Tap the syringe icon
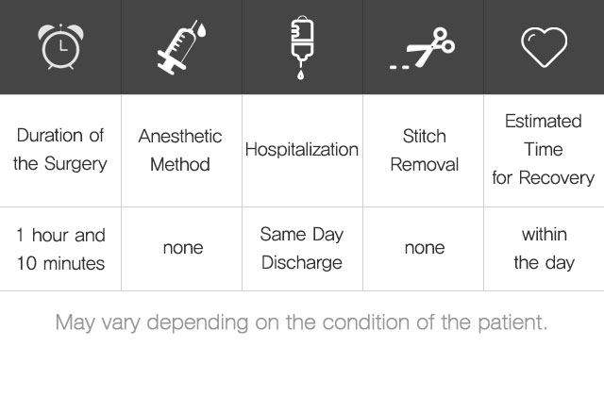point(181,47)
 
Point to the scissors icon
point(423,47)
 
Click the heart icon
point(544,47)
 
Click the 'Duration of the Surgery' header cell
point(60,150)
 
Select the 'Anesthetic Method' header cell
point(180,150)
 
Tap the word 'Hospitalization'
point(302,149)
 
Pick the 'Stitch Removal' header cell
point(424,150)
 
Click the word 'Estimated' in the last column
point(544,122)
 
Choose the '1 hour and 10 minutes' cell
point(60,249)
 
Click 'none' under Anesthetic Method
point(183,248)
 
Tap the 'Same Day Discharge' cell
point(302,249)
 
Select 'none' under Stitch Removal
point(425,248)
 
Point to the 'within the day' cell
point(544,249)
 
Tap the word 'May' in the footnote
point(75,322)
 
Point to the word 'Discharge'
point(302,263)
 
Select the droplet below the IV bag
point(300,74)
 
